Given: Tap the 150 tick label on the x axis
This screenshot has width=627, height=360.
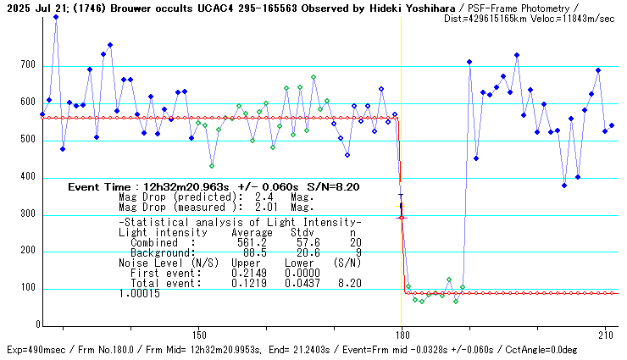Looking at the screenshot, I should pyautogui.click(x=198, y=335).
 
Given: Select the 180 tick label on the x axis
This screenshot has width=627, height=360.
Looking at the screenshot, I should pyautogui.click(x=402, y=335).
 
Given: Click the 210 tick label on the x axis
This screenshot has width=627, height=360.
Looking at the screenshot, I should pyautogui.click(x=605, y=335).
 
